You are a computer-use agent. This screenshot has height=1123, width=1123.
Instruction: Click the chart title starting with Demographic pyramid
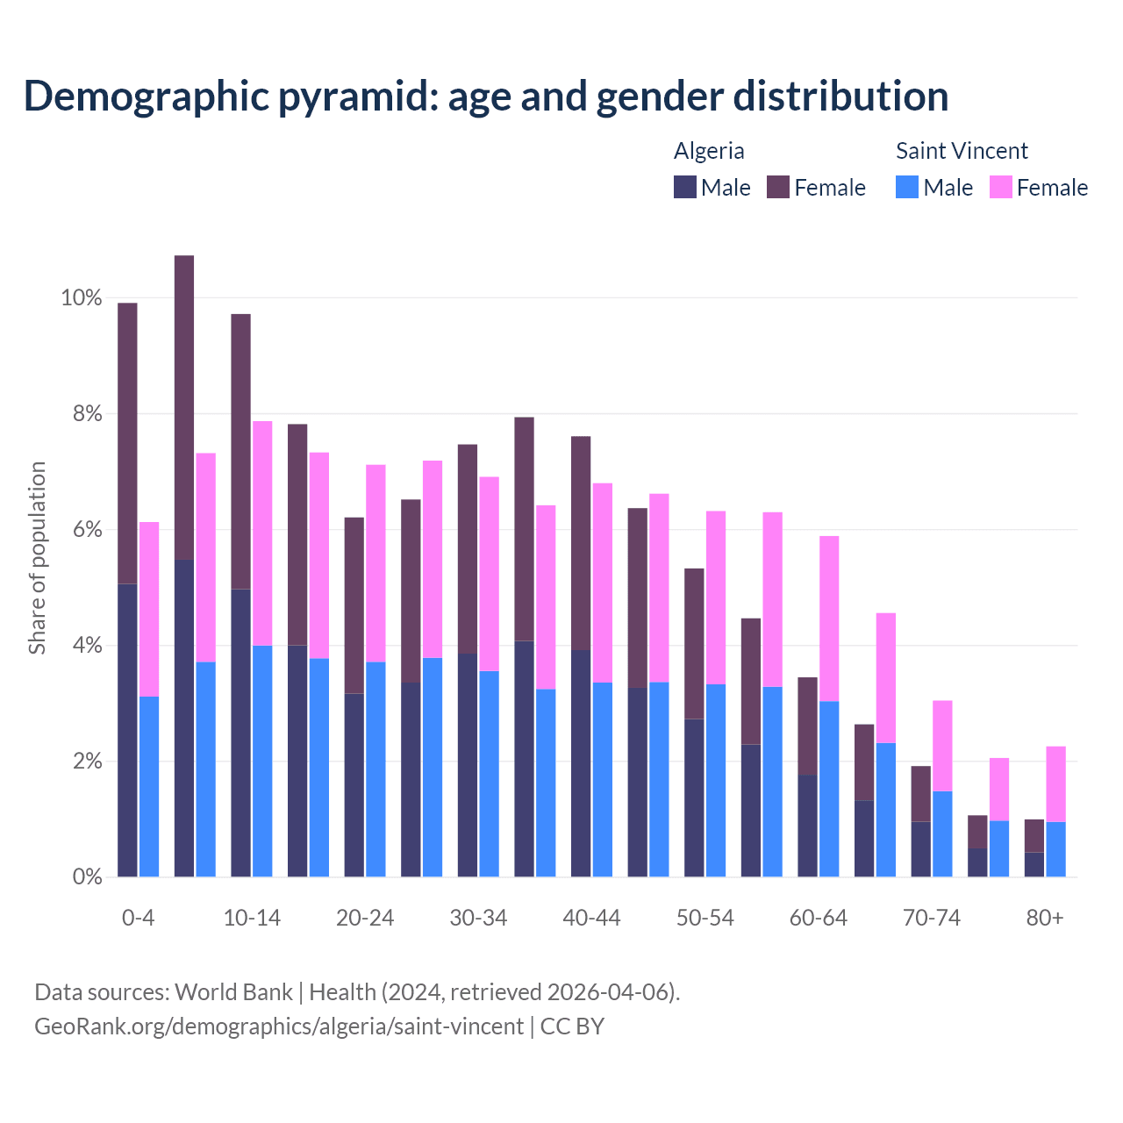(486, 96)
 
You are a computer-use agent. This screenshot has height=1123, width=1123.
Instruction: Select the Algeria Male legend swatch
(685, 187)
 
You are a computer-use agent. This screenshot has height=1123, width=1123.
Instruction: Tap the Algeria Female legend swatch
(778, 187)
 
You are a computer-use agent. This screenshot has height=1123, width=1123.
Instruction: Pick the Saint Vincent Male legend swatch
(907, 187)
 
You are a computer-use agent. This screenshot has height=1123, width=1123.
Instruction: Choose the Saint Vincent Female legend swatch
(1000, 187)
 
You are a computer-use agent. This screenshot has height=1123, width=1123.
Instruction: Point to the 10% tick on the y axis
(82, 298)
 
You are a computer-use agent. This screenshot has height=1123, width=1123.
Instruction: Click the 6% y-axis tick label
(87, 530)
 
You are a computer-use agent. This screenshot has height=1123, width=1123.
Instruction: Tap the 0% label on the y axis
(87, 876)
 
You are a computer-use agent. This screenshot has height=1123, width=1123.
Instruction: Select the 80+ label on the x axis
(1045, 918)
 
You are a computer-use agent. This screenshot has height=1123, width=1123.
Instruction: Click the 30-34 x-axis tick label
(478, 918)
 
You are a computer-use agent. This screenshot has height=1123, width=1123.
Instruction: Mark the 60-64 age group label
(819, 918)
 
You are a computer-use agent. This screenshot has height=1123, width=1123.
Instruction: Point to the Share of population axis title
(38, 558)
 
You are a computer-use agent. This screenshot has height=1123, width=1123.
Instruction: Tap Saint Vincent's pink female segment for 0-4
(149, 609)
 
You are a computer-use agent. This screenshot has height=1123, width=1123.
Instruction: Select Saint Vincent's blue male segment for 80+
(1055, 849)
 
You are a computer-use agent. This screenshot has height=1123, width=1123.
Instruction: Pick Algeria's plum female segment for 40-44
(581, 543)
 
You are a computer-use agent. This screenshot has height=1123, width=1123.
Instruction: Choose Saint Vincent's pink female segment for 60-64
(829, 619)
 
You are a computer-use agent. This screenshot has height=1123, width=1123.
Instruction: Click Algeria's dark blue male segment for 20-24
(354, 785)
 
